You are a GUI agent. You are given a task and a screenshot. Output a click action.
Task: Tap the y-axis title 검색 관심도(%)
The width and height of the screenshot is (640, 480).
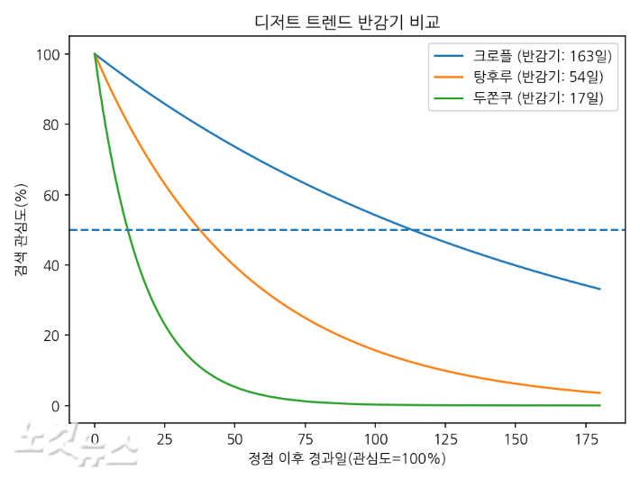click(x=20, y=230)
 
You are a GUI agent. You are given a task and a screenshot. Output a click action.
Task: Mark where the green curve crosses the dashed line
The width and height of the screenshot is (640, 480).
click(x=129, y=230)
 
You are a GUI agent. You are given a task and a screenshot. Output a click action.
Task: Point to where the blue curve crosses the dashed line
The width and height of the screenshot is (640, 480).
click(x=411, y=230)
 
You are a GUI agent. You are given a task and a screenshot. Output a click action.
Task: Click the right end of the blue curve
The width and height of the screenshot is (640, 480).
click(x=599, y=289)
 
